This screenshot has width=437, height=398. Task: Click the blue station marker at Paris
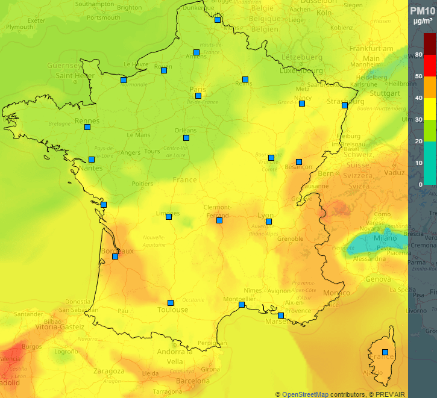pyautogui.click(x=198, y=96)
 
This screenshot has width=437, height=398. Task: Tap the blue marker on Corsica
pyautogui.click(x=385, y=352)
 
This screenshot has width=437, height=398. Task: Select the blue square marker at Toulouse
pyautogui.click(x=171, y=303)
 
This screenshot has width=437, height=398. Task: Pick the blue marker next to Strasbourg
pyautogui.click(x=344, y=105)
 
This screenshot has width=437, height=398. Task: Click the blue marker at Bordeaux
pyautogui.click(x=115, y=257)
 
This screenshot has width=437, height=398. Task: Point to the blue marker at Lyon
pyautogui.click(x=269, y=222)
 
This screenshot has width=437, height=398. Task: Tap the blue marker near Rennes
pyautogui.click(x=87, y=127)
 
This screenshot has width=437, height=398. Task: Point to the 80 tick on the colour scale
pyautogui.click(x=418, y=55)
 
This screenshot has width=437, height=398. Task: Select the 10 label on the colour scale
pyautogui.click(x=418, y=163)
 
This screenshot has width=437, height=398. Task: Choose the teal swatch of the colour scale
pyautogui.click(x=429, y=163)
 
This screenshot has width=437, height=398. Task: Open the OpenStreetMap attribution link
pyautogui.click(x=305, y=394)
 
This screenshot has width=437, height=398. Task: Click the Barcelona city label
pyautogui.click(x=193, y=381)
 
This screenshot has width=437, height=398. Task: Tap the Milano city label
pyautogui.click(x=385, y=238)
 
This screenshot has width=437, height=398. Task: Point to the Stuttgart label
pyautogui.click(x=385, y=94)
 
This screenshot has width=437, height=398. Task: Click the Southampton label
pyautogui.click(x=95, y=4)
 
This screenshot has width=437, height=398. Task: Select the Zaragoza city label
pyautogui.click(x=108, y=372)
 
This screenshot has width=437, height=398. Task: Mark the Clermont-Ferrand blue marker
pyautogui.click(x=219, y=220)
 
